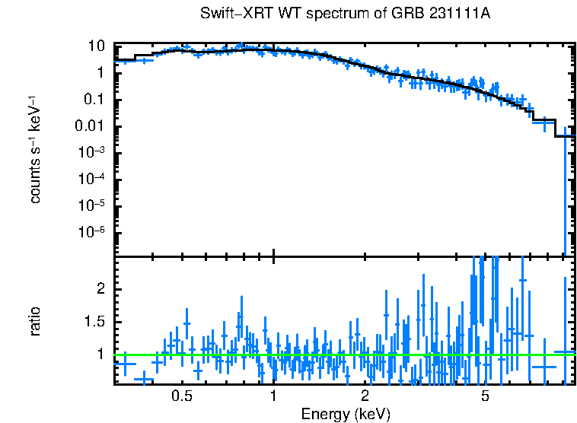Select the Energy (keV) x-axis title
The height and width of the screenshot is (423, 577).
coord(346,415)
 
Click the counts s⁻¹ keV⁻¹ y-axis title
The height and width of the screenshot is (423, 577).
coord(35,151)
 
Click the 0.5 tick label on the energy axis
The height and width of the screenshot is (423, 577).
coord(181,396)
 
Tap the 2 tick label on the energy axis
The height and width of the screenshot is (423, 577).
coord(365,396)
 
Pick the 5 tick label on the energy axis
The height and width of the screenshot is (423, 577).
coord(486,396)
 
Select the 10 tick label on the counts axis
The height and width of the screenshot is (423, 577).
coord(95,46)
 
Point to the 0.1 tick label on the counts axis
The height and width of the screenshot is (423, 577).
coord(93,100)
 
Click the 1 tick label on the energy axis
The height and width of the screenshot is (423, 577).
coord(273,396)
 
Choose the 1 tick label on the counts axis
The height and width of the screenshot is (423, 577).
coord(99,73)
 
